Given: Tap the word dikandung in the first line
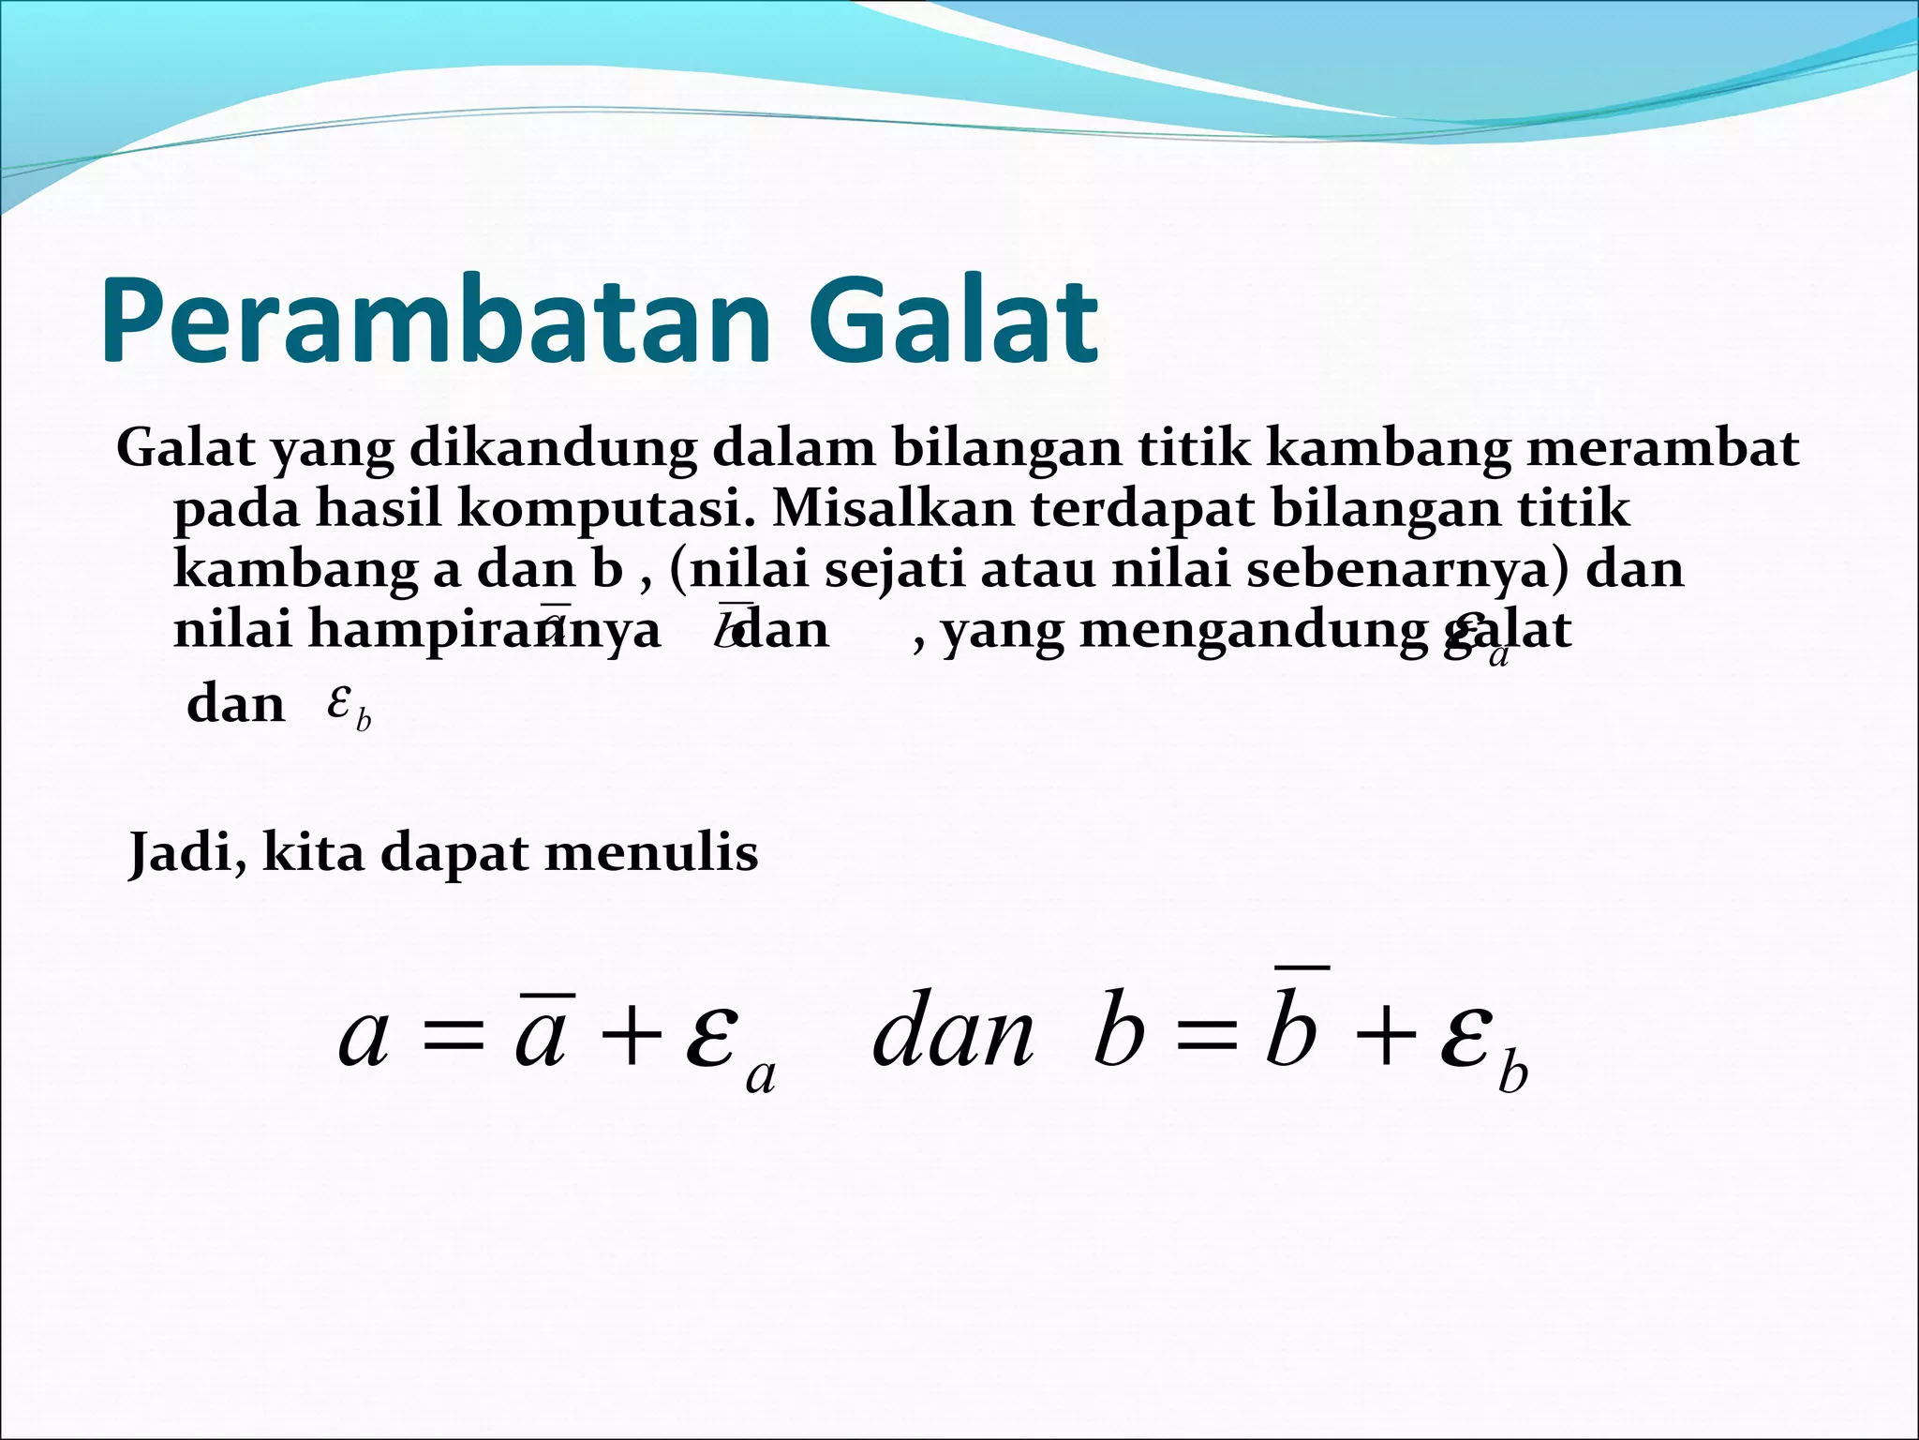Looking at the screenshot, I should point(553,450).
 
